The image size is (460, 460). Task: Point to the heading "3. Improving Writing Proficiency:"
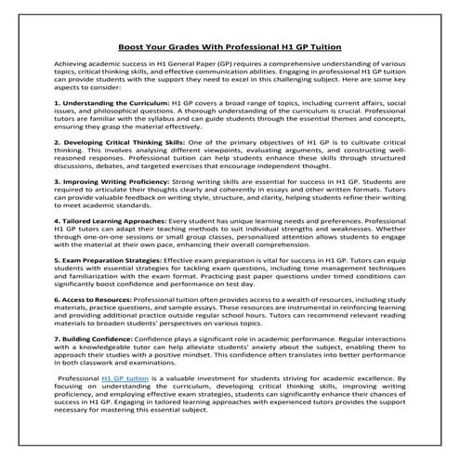coord(111,207)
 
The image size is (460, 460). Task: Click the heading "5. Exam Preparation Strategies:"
coord(105,289)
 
